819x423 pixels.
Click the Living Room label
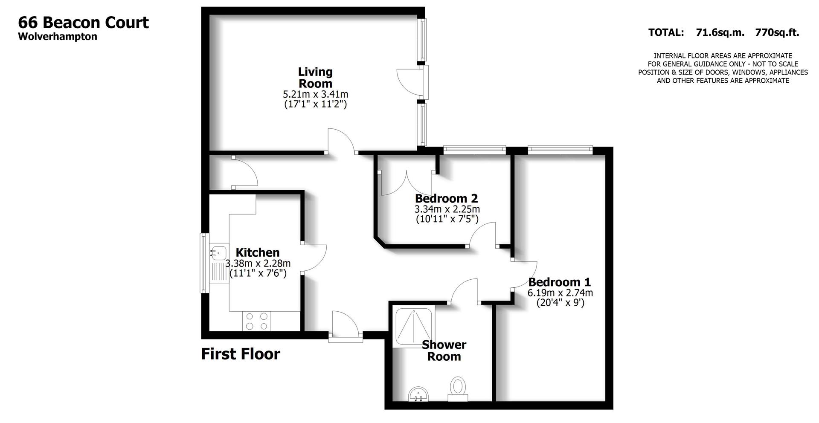tap(315, 78)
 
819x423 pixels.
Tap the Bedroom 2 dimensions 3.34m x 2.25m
tap(447, 209)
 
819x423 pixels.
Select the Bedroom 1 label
tap(560, 282)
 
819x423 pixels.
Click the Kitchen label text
tap(258, 252)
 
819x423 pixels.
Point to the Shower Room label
tap(444, 351)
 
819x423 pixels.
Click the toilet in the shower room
tap(458, 388)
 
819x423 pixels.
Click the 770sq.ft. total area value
tap(777, 32)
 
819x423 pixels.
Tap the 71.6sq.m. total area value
tap(720, 32)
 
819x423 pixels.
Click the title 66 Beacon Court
tap(84, 22)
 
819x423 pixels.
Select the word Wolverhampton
tap(58, 37)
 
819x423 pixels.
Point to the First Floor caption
tap(241, 354)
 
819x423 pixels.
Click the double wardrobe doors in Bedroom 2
tap(407, 183)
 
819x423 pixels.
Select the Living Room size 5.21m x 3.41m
tap(315, 94)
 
